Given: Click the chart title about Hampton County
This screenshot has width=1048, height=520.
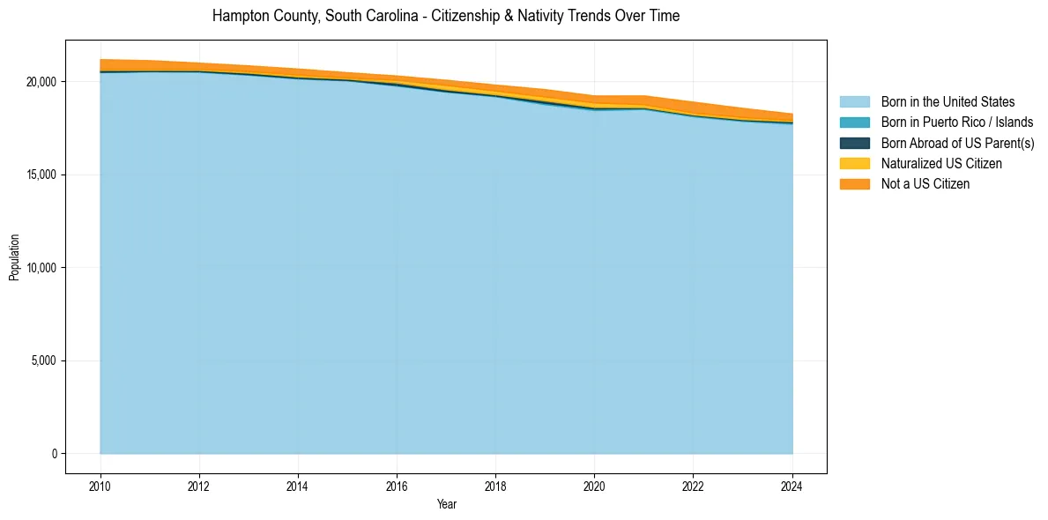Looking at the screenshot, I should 446,16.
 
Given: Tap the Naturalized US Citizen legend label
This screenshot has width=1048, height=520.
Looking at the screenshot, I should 941,163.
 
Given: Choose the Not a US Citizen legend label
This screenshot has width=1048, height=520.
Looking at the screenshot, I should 925,183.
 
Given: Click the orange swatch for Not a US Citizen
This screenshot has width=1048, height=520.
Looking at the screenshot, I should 854,183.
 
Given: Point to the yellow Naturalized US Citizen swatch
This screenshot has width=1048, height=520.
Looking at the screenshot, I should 854,163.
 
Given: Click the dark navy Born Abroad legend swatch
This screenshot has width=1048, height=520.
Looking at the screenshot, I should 854,143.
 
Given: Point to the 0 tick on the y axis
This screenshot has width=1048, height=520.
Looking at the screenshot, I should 53,454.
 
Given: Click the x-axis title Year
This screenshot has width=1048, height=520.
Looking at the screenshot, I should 446,504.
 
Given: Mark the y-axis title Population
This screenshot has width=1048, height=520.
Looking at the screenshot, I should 14,256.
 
